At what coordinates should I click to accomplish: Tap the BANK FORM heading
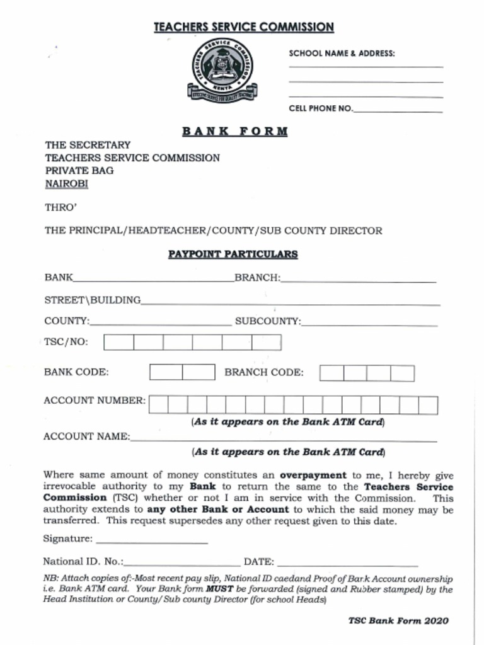(234, 132)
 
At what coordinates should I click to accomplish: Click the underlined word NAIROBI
(66, 184)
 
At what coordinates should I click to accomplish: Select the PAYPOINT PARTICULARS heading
(233, 254)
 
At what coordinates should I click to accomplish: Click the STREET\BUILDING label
(92, 300)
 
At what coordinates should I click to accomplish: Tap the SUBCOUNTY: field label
(268, 321)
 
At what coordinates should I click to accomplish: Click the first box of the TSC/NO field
(118, 343)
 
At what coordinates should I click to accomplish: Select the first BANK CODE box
(166, 372)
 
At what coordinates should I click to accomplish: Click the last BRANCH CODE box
(402, 373)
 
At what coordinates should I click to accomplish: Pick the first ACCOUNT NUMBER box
(158, 405)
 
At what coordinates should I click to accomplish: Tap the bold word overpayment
(313, 476)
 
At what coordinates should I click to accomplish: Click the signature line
(152, 540)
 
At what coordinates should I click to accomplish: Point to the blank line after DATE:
(347, 562)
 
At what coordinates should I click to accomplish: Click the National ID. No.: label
(83, 562)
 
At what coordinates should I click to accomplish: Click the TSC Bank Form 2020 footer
(398, 621)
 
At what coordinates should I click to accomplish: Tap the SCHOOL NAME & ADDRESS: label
(342, 54)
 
